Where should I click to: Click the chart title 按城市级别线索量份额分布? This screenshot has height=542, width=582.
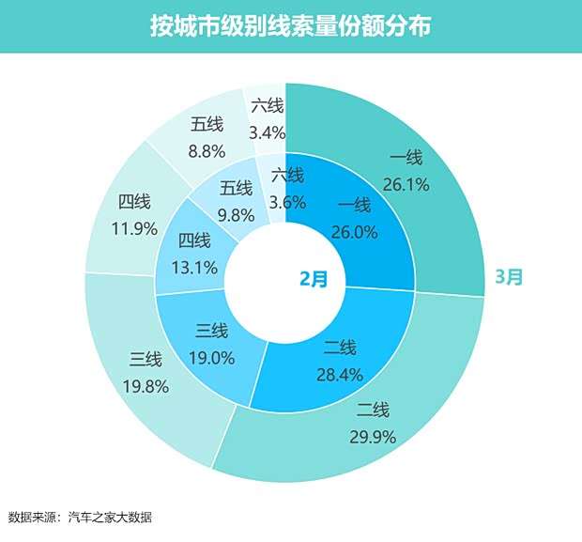click(290, 26)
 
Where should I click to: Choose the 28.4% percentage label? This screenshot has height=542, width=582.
click(339, 376)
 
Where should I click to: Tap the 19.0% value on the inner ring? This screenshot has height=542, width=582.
click(211, 357)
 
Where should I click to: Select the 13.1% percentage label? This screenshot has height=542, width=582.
click(193, 268)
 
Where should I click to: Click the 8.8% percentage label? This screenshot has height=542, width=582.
click(206, 147)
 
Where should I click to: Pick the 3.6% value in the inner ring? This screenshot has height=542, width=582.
click(287, 199)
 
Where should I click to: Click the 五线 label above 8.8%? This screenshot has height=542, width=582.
click(206, 123)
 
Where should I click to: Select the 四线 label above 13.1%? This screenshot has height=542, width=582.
click(193, 242)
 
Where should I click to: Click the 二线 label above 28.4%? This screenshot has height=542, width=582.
click(339, 348)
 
